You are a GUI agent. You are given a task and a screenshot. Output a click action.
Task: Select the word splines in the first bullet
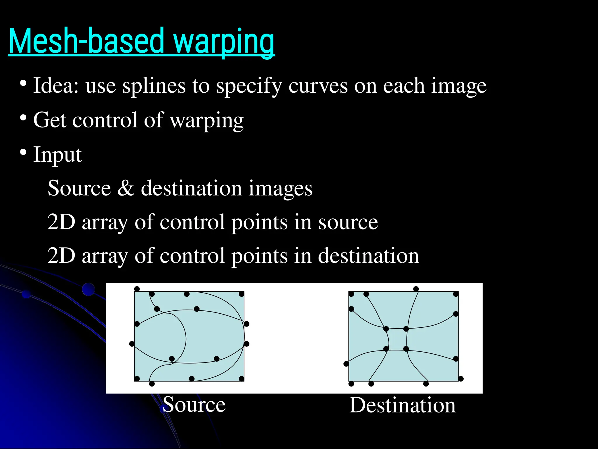[x=154, y=86]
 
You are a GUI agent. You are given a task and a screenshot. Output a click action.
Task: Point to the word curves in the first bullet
[x=318, y=86]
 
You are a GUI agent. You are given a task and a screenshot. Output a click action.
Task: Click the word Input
[x=57, y=155]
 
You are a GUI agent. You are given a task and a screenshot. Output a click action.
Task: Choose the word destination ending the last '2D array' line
[x=368, y=256]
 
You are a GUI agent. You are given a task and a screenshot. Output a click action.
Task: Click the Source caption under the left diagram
[x=194, y=405]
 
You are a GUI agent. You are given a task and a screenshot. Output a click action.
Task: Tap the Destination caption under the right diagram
[x=402, y=405]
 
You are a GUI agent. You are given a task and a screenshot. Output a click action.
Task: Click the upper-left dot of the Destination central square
[x=386, y=329]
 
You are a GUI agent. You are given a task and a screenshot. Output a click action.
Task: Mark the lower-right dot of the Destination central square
[x=406, y=349]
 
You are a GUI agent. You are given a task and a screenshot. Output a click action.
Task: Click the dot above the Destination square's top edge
[x=416, y=289]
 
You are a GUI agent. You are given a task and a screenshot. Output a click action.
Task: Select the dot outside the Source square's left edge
[x=132, y=344]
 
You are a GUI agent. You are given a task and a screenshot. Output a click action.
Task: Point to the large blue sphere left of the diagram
[x=88, y=289]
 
